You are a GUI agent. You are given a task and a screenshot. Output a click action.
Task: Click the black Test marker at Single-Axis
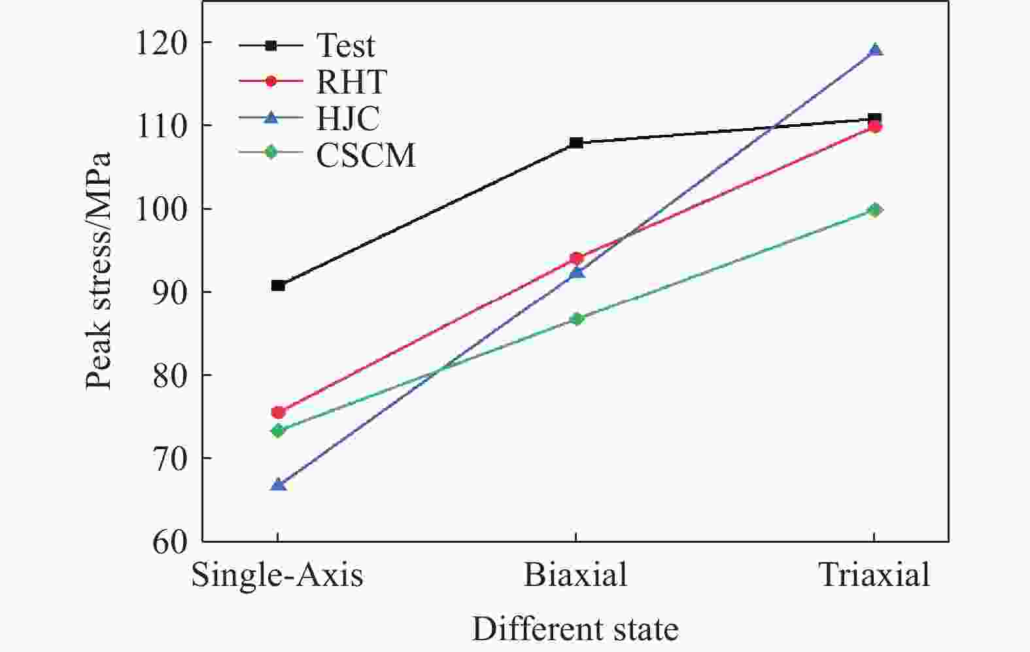tap(278, 285)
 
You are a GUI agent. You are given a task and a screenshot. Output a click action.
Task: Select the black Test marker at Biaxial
tap(576, 143)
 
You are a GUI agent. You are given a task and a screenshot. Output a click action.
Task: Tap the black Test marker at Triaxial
tap(874, 119)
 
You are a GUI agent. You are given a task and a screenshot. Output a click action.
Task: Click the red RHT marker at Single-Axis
tap(278, 412)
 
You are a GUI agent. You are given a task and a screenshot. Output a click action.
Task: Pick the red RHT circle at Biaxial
tap(576, 258)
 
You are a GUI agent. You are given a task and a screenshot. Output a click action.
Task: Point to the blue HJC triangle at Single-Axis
tap(278, 485)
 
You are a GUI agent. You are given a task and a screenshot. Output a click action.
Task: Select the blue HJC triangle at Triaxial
tap(875, 50)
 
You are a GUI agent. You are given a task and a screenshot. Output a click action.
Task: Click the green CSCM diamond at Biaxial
tap(576, 318)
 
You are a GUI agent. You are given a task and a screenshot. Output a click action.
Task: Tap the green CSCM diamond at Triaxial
tap(875, 210)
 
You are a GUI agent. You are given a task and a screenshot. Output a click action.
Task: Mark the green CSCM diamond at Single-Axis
tap(278, 430)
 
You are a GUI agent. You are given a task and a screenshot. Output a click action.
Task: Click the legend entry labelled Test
tap(345, 46)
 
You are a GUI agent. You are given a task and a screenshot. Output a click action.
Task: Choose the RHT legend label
tap(351, 82)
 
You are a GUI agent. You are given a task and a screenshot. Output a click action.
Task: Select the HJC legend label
tap(348, 119)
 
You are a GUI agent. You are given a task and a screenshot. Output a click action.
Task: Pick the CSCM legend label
tap(366, 156)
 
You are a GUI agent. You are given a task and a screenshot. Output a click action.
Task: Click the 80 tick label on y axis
tap(169, 375)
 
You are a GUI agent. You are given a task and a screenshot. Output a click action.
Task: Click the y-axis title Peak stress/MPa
tap(99, 271)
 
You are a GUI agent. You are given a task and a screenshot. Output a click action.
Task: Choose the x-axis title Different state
tap(575, 629)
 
